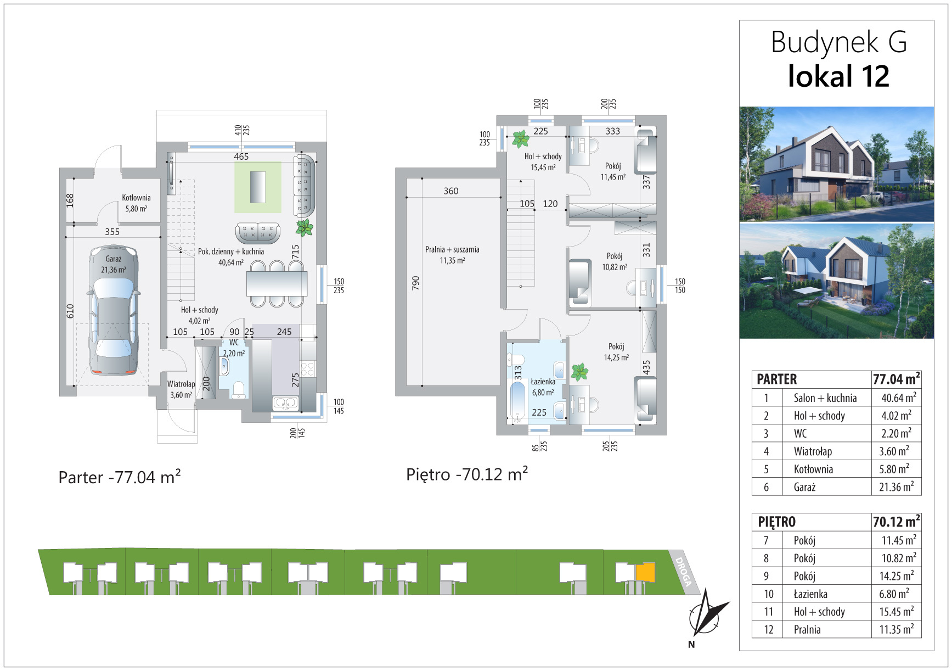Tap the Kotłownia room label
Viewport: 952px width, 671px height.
click(136, 198)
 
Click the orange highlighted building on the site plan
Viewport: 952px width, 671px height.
click(645, 572)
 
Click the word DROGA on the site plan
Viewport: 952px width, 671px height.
click(684, 572)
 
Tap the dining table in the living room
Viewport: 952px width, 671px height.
click(277, 284)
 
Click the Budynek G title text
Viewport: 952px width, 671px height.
click(838, 42)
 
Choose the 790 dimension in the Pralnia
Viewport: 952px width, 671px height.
click(415, 283)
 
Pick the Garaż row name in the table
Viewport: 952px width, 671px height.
click(804, 487)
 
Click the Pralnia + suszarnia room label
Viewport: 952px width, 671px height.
click(452, 249)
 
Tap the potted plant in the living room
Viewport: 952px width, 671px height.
click(304, 227)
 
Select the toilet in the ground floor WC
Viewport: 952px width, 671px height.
click(239, 389)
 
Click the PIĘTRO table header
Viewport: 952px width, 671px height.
click(776, 522)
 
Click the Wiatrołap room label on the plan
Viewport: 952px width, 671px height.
click(181, 384)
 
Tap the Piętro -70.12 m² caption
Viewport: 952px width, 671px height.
click(467, 474)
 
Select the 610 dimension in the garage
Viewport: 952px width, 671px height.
click(70, 311)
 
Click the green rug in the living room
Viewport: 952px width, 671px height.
click(258, 187)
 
